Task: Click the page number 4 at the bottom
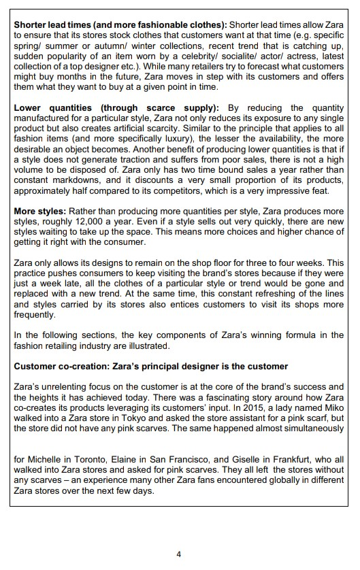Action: pyautogui.click(x=179, y=554)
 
